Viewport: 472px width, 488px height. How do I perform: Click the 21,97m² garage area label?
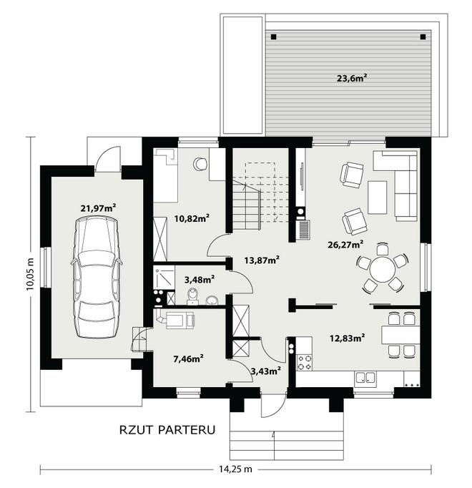pyautogui.click(x=98, y=208)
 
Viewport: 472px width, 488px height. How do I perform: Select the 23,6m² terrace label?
pyautogui.click(x=352, y=77)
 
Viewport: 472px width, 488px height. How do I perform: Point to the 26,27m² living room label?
pyautogui.click(x=345, y=245)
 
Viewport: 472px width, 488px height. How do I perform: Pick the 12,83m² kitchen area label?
pyautogui.click(x=348, y=338)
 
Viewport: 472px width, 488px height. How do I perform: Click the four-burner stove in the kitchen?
pyautogui.click(x=304, y=362)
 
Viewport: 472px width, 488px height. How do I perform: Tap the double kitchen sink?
pyautogui.click(x=365, y=378)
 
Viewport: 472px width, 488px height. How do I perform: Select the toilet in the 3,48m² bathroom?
pyautogui.click(x=193, y=296)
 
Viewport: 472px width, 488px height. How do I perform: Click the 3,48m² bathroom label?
pyautogui.click(x=200, y=280)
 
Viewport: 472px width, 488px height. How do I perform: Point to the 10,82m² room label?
pyautogui.click(x=192, y=218)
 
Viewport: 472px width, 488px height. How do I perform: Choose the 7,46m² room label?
pyautogui.click(x=189, y=358)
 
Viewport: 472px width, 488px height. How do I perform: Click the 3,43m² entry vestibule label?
pyautogui.click(x=266, y=371)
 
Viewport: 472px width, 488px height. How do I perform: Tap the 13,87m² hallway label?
pyautogui.click(x=261, y=260)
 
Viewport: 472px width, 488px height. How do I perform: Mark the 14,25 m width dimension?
pyautogui.click(x=235, y=469)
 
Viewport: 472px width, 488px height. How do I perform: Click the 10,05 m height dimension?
pyautogui.click(x=30, y=275)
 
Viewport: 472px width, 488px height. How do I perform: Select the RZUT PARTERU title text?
pyautogui.click(x=167, y=430)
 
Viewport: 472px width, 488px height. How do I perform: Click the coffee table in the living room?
pyautogui.click(x=377, y=197)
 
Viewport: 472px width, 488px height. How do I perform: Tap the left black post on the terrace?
pyautogui.click(x=273, y=36)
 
